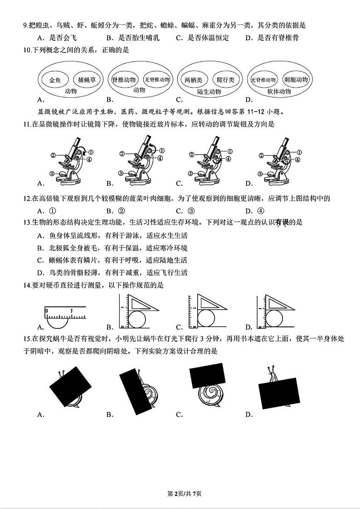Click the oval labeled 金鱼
[55, 80]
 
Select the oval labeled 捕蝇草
[86, 79]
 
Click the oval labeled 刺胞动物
[296, 79]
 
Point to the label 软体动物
[279, 92]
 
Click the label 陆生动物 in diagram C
[209, 92]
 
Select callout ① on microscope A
[91, 151]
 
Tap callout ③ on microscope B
[121, 173]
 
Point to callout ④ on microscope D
[297, 160]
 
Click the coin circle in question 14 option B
[137, 319]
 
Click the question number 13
[27, 223]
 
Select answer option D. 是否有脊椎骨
[272, 38]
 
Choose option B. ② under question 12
[116, 211]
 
